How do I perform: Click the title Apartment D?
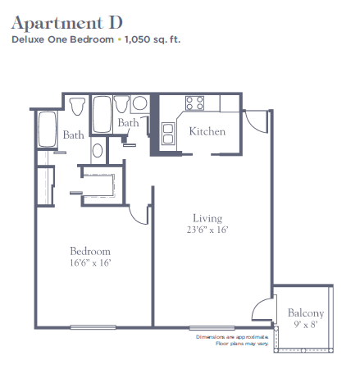pos(67,23)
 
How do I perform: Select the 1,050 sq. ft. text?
pos(153,39)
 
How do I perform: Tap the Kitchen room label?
pos(207,131)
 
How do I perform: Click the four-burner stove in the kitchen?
pos(194,103)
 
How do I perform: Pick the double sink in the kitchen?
pos(168,134)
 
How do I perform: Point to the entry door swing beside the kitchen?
pos(256,121)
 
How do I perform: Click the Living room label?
pos(207,218)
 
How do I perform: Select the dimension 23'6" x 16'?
pos(207,230)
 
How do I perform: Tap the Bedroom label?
pos(90,251)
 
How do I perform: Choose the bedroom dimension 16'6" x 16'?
pos(90,262)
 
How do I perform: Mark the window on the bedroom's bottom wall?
pos(93,327)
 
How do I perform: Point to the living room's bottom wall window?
pos(212,328)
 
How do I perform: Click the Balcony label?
pos(306,313)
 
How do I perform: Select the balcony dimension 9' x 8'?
pos(306,325)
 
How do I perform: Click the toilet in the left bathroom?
pos(77,107)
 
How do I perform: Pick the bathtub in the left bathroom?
pos(48,129)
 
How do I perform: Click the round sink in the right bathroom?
pos(140,103)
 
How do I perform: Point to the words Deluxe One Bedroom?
pos(62,39)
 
